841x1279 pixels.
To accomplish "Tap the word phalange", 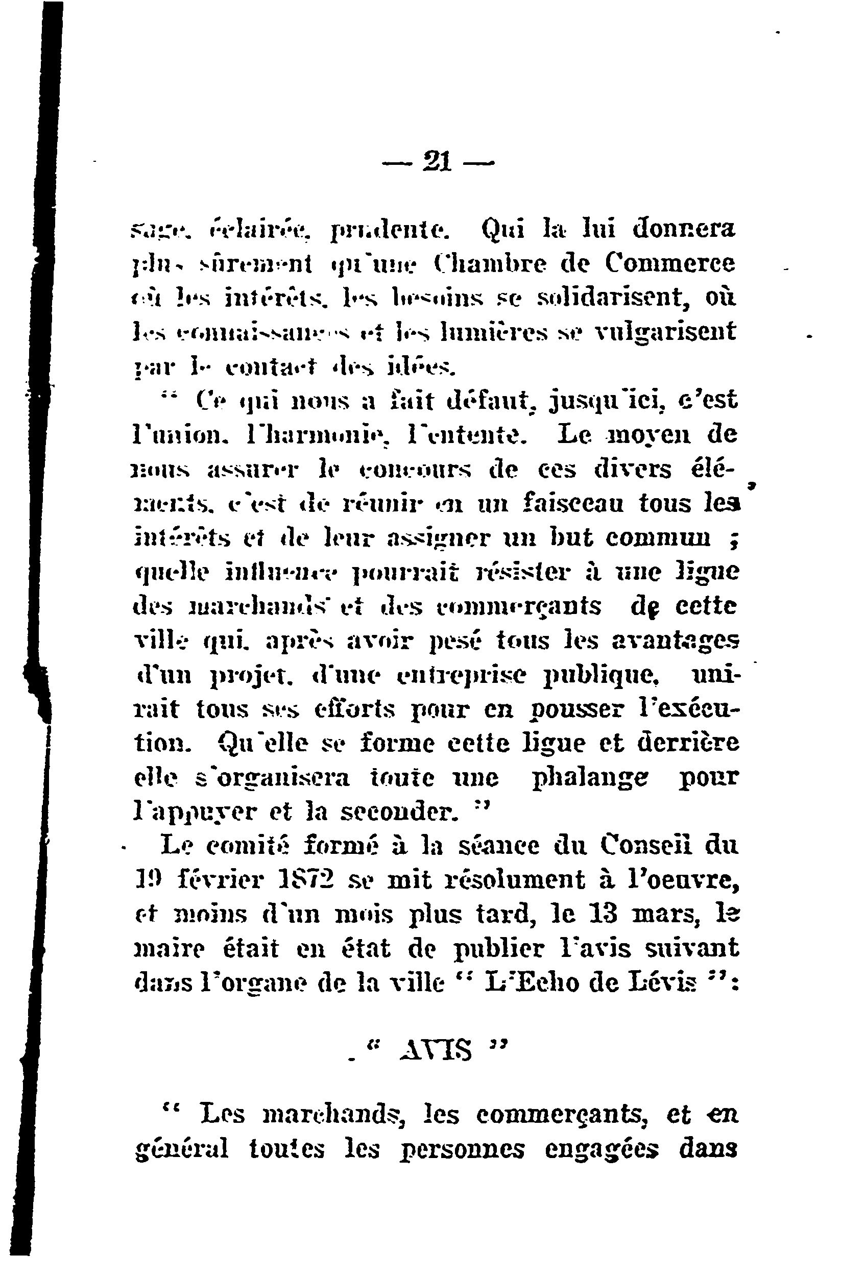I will tap(589, 779).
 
